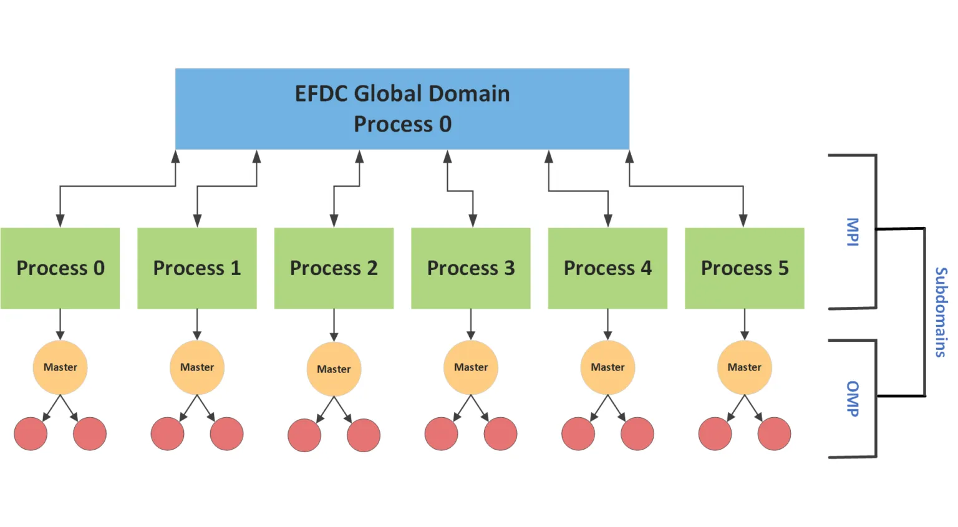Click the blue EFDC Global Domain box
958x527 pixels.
[x=402, y=109]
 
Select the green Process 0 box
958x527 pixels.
[x=60, y=268]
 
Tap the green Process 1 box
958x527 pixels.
[x=197, y=268]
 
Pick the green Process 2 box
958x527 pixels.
[x=334, y=268]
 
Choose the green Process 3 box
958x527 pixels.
[x=471, y=268]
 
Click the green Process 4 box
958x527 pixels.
[x=607, y=268]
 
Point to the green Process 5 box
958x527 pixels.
[x=745, y=268]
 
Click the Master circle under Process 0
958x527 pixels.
[x=60, y=367]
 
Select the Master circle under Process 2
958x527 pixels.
[x=334, y=369]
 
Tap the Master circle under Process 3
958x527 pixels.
[x=471, y=367]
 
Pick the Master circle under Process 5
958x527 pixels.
[x=745, y=367]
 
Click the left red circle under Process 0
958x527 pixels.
[x=31, y=433]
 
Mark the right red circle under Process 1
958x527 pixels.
[x=226, y=433]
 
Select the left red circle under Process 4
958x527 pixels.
[x=578, y=433]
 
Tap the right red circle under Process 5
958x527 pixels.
[x=774, y=433]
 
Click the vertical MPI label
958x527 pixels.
[x=853, y=232]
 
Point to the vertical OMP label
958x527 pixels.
[x=853, y=399]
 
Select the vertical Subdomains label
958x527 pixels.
[x=941, y=312]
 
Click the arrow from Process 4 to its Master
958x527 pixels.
[x=607, y=324]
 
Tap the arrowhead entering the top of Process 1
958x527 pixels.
[x=197, y=221]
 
